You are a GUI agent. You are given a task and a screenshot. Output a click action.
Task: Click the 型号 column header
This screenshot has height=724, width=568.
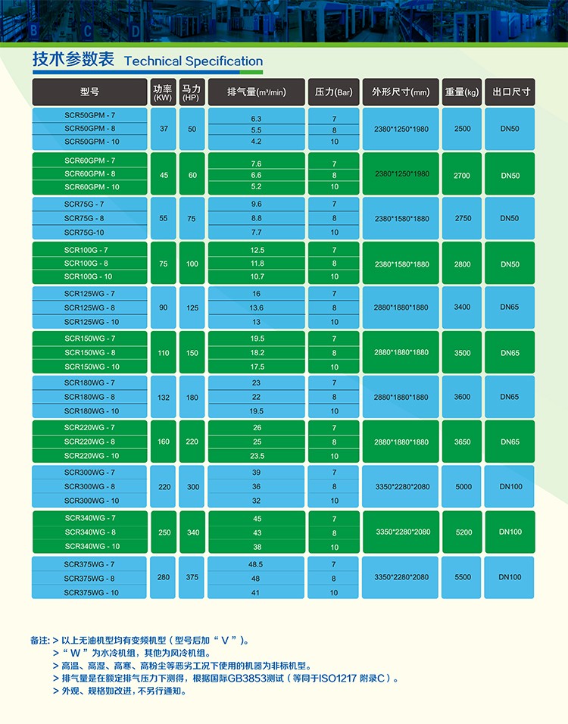(89, 92)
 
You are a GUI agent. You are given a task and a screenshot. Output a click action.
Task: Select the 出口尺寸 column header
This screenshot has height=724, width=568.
(510, 92)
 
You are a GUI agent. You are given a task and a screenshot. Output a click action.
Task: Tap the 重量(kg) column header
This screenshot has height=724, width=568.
(462, 92)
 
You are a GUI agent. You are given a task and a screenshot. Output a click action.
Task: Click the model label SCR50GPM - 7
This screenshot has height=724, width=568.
(90, 115)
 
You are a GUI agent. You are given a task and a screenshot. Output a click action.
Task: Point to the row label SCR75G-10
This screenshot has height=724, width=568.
(84, 232)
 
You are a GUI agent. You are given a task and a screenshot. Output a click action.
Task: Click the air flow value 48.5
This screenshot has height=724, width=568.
(255, 564)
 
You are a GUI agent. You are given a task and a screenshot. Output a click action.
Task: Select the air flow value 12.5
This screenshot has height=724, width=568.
(257, 250)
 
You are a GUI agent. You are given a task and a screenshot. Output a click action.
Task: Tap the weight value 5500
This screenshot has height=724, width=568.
(462, 577)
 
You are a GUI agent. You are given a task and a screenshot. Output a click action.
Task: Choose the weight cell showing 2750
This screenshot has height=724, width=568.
(462, 218)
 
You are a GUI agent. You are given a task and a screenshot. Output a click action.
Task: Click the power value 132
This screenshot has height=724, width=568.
(164, 397)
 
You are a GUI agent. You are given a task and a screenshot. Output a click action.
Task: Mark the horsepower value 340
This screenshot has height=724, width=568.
(193, 532)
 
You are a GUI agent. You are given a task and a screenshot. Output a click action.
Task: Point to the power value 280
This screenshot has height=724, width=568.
(164, 577)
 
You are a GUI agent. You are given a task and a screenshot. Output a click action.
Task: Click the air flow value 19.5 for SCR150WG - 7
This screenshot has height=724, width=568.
(257, 339)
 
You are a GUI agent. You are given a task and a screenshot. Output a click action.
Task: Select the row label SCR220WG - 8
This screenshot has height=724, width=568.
(89, 442)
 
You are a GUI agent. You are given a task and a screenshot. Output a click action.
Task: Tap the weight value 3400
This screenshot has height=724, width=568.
(462, 307)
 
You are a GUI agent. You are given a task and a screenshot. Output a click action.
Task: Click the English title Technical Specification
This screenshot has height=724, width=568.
(193, 61)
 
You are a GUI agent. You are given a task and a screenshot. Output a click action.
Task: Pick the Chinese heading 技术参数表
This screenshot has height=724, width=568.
(73, 60)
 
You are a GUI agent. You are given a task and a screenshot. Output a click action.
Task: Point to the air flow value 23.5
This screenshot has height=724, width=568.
(257, 456)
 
